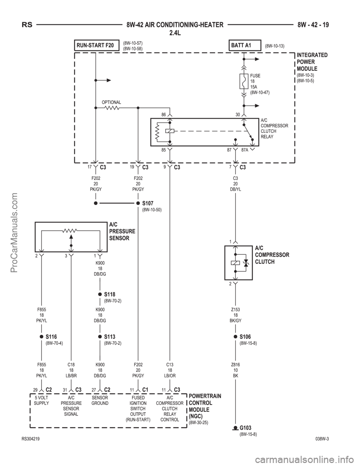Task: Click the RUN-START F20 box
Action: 97,45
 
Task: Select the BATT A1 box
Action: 245,45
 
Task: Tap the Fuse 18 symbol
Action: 244,81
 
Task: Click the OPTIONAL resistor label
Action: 111,102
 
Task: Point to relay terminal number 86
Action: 163,115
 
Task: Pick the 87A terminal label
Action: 245,150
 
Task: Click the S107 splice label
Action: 148,203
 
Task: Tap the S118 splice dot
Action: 100,294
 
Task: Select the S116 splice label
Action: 51,337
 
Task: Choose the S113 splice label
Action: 110,337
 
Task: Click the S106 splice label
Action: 245,337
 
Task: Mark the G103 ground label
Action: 245,428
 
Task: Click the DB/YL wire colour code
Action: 235,189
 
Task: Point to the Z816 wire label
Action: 235,365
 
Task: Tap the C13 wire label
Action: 170,365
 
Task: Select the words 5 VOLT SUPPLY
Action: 41,400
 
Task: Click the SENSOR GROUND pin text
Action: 100,400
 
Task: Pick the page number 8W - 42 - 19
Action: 313,25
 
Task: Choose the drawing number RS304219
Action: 31,439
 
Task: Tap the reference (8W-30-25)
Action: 198,422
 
